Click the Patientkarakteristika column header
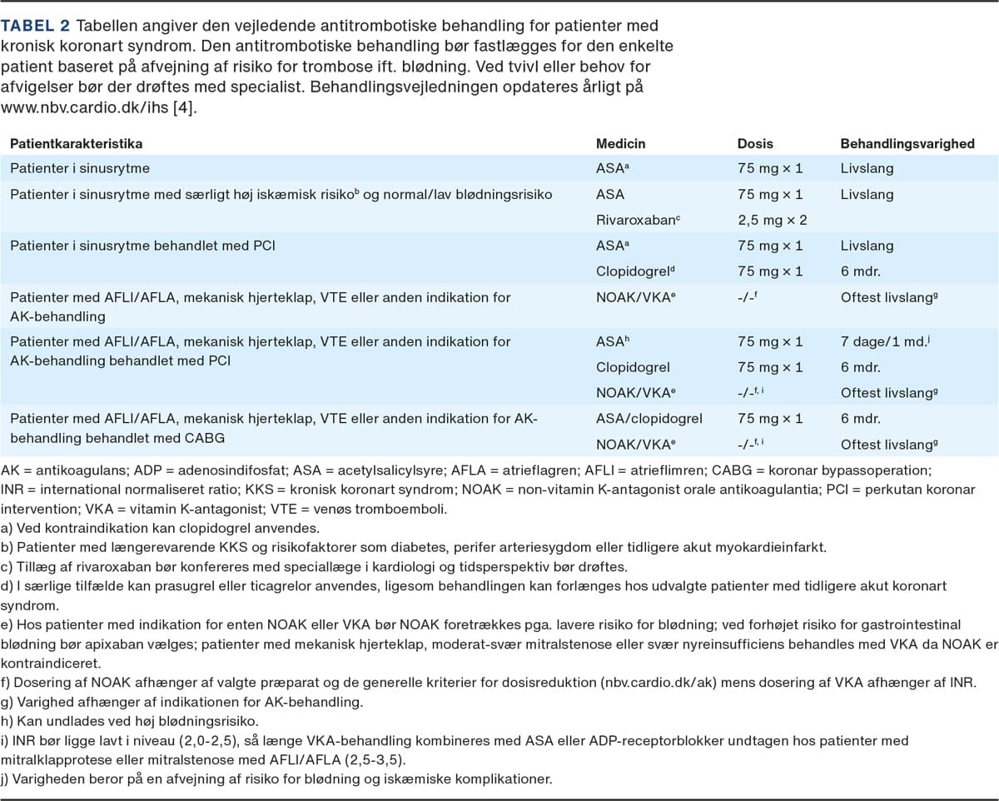(76, 144)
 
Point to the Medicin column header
(620, 144)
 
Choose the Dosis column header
(756, 144)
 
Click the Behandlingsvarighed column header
(907, 144)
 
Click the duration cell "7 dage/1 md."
(882, 341)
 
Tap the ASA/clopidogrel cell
(649, 419)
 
